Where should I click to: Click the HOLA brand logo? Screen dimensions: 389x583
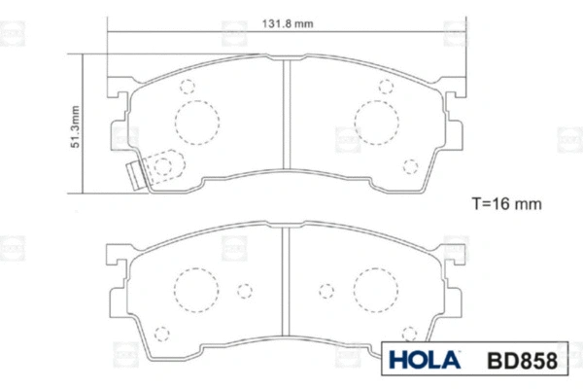click(x=425, y=361)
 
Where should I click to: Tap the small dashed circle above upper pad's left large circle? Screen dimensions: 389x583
click(x=189, y=87)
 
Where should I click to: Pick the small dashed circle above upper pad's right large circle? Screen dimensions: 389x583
click(x=386, y=87)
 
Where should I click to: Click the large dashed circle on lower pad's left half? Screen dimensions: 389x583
click(x=193, y=288)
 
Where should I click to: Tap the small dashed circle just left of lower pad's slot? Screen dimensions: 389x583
click(x=246, y=290)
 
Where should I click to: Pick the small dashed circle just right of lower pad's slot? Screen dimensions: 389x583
click(x=326, y=290)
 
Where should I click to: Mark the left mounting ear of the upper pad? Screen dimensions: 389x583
click(x=119, y=102)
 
